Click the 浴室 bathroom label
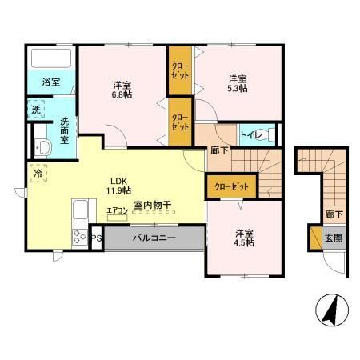[x=50, y=82]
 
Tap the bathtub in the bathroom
[x=50, y=58]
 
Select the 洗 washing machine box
[x=38, y=109]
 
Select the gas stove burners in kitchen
[x=81, y=237]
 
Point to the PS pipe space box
[x=95, y=238]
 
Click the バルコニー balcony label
[x=154, y=238]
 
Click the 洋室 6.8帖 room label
[x=122, y=89]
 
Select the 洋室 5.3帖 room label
[x=236, y=83]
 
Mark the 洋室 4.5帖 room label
[x=244, y=238]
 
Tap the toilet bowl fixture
[x=270, y=134]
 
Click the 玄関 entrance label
[x=333, y=238]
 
